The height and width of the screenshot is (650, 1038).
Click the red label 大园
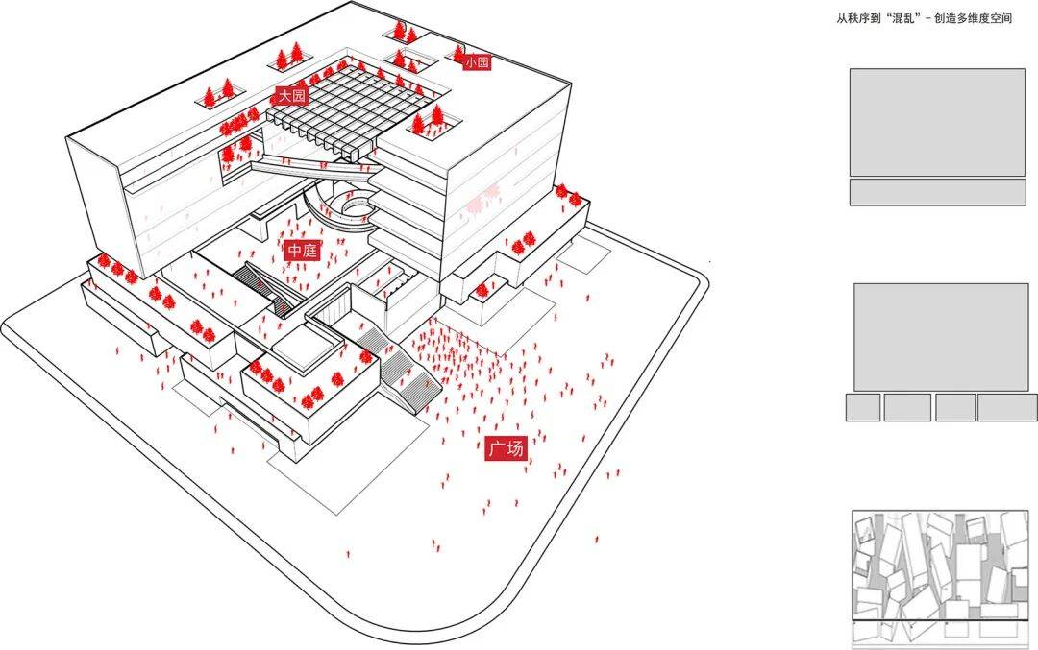(290, 96)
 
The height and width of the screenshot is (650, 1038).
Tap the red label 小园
(477, 62)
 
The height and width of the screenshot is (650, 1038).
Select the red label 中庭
(302, 251)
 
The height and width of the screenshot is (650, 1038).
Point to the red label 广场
(506, 448)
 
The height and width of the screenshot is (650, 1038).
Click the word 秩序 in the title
(865, 18)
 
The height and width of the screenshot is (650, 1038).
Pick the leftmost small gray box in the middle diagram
(862, 407)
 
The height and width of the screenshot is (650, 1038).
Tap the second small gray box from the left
(906, 407)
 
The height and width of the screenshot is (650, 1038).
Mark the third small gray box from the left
(954, 407)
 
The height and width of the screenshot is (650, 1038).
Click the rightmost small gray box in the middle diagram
(1006, 407)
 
